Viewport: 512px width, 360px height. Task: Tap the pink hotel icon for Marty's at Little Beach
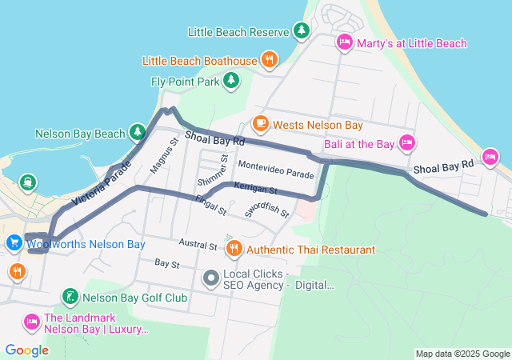tap(345, 42)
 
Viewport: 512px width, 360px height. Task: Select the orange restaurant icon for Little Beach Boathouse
tap(270, 60)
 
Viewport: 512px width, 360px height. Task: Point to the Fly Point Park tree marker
tap(230, 81)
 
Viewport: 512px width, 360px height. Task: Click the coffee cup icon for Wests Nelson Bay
tap(260, 125)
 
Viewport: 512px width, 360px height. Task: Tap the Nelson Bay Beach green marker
tap(138, 133)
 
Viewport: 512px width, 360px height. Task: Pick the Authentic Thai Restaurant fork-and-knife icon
tap(234, 250)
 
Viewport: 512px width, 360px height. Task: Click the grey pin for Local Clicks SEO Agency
tap(211, 278)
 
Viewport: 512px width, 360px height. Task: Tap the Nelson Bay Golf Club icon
tap(70, 298)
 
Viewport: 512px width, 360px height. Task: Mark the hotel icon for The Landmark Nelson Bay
tap(31, 322)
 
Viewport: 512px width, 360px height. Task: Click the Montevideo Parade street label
tap(276, 174)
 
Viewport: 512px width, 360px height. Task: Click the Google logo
tap(26, 350)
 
